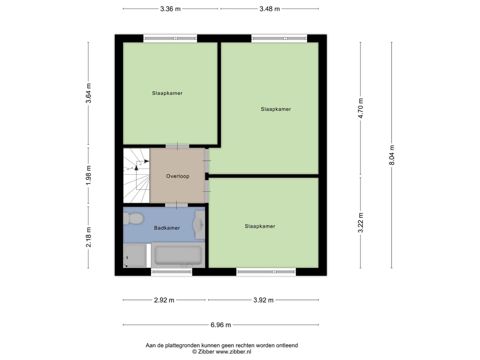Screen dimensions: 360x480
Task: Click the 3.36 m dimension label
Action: click(170, 9)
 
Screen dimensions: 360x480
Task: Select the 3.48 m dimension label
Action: click(269, 9)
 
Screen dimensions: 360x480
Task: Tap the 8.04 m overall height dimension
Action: click(392, 155)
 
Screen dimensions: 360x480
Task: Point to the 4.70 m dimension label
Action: click(360, 108)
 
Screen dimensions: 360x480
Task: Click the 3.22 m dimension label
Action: click(360, 223)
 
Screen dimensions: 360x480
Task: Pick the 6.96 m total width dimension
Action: click(221, 325)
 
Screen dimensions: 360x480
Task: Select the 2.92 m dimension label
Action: click(164, 300)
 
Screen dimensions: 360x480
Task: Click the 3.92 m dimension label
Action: click(263, 300)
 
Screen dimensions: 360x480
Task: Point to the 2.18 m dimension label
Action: click(88, 237)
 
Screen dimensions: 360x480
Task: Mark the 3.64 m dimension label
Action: click(88, 94)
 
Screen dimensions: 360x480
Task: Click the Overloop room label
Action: click(178, 176)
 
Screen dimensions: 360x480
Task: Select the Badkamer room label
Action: click(167, 228)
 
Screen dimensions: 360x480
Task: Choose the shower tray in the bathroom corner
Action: click(135, 256)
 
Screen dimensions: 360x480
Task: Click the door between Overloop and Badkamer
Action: click(176, 205)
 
